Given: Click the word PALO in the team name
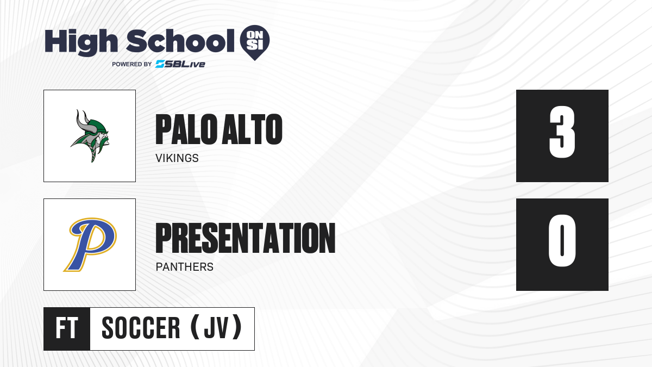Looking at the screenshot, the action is point(186,129).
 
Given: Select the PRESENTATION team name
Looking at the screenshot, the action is point(246,238).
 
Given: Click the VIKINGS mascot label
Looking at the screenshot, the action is point(177,158).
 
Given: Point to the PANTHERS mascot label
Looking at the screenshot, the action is point(185,267).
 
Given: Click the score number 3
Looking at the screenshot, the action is point(562,132).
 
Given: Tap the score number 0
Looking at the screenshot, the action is point(562,240).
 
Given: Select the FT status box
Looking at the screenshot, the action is point(67,328).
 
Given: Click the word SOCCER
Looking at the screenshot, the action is point(141,328).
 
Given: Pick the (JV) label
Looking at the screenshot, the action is point(216,328).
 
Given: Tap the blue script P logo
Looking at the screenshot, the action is point(90,245).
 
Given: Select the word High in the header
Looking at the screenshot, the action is point(81,42).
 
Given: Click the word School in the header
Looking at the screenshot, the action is point(180,41).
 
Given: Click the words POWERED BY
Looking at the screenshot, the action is point(131,64).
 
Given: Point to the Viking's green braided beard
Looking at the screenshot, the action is point(93,154).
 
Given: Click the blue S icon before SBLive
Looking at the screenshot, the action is point(160,64).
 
